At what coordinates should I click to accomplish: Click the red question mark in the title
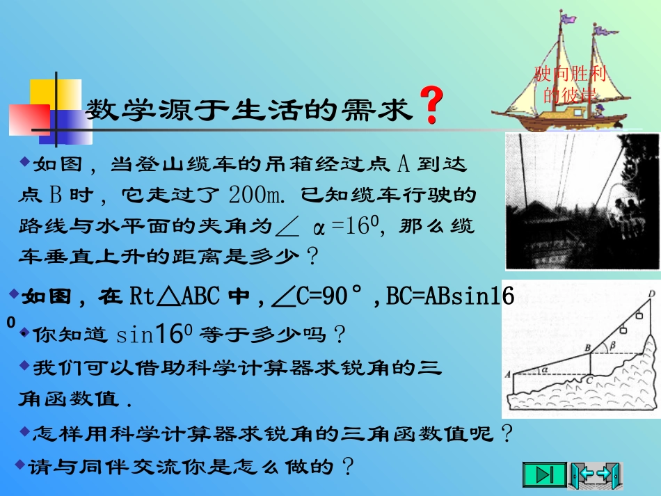pyautogui.click(x=432, y=106)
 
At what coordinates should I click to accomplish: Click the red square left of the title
pyautogui.click(x=28, y=119)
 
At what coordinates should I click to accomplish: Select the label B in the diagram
pyautogui.click(x=587, y=346)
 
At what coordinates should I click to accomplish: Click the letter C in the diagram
pyautogui.click(x=590, y=380)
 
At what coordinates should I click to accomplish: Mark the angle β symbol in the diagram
pyautogui.click(x=612, y=344)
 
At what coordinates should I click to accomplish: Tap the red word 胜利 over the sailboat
pyautogui.click(x=589, y=72)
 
